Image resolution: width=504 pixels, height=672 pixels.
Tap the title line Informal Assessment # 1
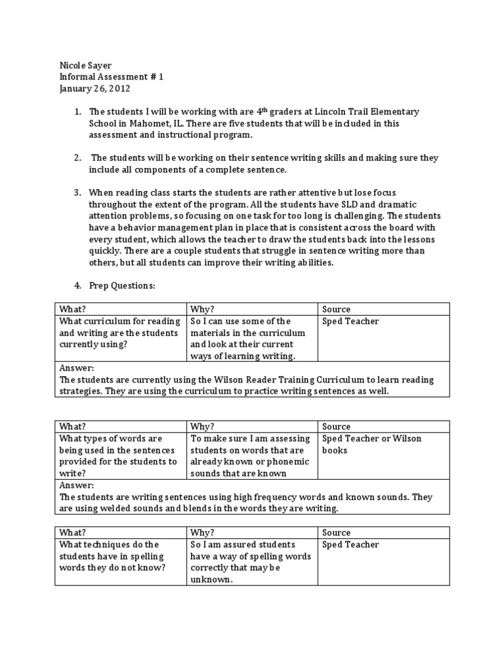click(x=111, y=77)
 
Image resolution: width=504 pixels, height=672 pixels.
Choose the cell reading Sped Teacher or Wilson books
click(x=371, y=444)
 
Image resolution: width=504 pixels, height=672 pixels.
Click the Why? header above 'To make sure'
click(x=202, y=427)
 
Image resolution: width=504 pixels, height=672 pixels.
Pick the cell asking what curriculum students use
click(x=119, y=332)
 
